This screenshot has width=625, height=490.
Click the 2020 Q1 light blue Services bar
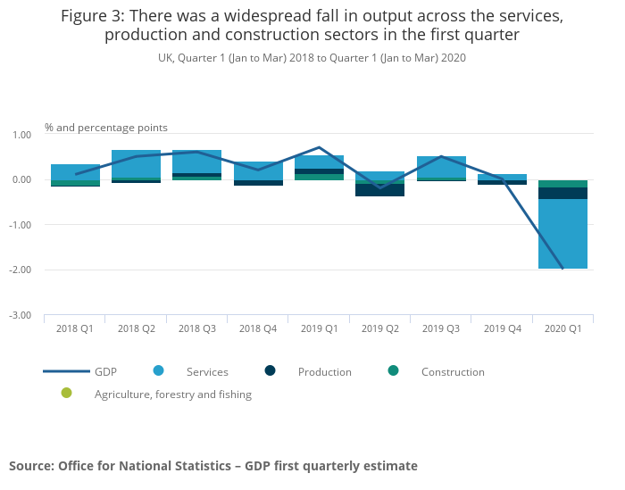[x=562, y=234]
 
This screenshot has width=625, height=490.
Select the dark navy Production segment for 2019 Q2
[x=379, y=189]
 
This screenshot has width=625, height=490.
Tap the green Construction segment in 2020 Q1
[x=562, y=184]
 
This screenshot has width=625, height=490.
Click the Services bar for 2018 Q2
[x=136, y=163]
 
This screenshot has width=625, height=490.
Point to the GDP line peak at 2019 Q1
[x=319, y=147]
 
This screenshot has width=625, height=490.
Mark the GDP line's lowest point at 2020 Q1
[x=562, y=269]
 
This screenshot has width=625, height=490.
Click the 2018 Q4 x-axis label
[x=258, y=328]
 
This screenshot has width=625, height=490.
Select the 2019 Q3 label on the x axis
[x=441, y=328]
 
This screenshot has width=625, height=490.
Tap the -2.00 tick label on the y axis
[x=20, y=270]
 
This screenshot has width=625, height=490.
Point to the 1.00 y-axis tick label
[x=21, y=135]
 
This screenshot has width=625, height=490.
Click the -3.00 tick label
[x=20, y=316]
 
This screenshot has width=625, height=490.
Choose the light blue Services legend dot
[x=158, y=371]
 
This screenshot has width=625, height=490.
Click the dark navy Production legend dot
[x=270, y=371]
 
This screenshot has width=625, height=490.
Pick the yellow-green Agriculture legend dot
[x=67, y=394]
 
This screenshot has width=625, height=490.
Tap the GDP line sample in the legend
[x=67, y=371]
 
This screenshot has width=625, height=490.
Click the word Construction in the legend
[x=453, y=372]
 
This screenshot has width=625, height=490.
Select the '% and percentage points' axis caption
[x=106, y=128]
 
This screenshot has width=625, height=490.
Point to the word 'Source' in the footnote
[x=31, y=466]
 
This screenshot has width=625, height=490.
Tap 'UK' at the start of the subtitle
[x=165, y=58]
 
